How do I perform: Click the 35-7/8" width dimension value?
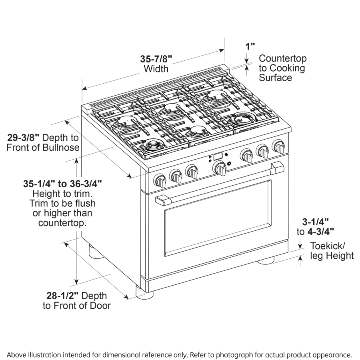point(156,58)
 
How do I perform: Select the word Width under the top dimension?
point(156,69)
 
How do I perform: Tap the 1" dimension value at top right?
point(250,46)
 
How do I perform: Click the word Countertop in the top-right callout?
point(283,58)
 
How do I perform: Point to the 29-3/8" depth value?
point(24,138)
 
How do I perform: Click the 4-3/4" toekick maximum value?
point(320,231)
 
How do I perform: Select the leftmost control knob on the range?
point(160,181)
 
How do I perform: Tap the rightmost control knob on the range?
point(278,146)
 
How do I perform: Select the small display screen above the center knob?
point(218,156)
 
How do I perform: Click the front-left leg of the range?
point(145,294)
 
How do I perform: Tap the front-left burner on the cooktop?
point(153,145)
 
